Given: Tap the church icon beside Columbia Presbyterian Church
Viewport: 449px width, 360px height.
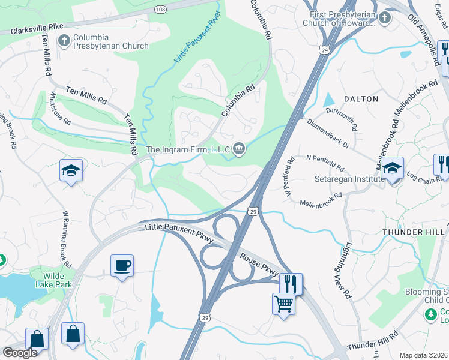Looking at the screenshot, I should point(64,41).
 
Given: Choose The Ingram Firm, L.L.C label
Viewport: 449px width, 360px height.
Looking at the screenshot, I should point(187,149).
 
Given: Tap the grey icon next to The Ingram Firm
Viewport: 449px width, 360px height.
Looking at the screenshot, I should point(239,149).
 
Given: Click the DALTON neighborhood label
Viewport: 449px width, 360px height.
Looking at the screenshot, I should point(361,98).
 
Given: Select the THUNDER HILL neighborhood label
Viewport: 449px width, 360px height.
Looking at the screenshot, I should point(413,231).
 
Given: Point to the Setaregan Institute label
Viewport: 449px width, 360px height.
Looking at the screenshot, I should point(349,179).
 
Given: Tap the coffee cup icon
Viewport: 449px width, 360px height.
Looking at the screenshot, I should point(122,265).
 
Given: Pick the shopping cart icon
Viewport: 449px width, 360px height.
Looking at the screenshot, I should point(283,302).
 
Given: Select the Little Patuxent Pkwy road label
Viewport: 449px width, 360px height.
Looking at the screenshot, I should point(179,233).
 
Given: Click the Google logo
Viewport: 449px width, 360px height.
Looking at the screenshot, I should point(20,352).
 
